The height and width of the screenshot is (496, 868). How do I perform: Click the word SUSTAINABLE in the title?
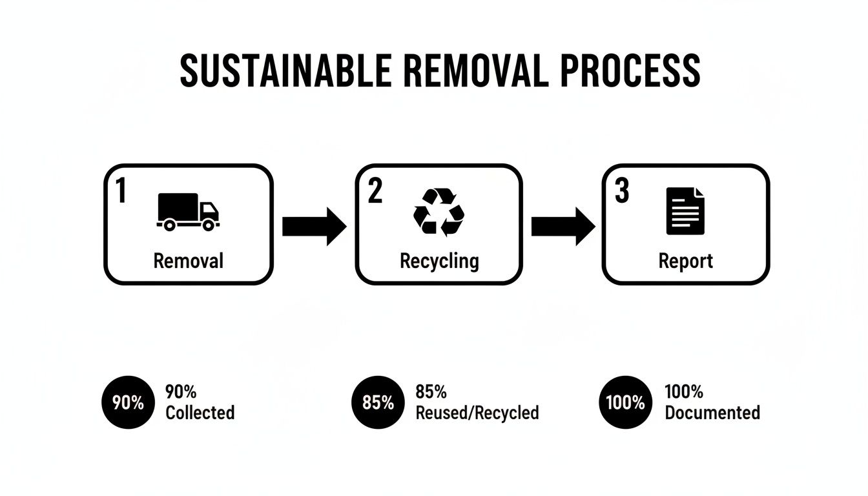click(285, 71)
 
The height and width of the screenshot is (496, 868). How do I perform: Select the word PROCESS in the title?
click(630, 71)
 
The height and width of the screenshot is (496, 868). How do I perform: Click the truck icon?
click(188, 212)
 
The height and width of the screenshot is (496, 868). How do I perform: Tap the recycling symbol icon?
click(439, 211)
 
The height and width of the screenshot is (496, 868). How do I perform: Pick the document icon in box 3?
click(685, 211)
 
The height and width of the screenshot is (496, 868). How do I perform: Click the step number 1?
click(121, 191)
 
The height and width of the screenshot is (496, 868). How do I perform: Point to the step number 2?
click(375, 191)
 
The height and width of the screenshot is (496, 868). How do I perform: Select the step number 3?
click(621, 191)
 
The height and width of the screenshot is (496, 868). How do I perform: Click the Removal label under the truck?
click(188, 261)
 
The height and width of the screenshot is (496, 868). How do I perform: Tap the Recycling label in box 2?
click(439, 262)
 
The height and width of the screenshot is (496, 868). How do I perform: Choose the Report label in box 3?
click(685, 261)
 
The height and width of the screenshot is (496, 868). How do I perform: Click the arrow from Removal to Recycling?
click(315, 226)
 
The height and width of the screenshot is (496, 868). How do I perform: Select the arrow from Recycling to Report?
click(563, 226)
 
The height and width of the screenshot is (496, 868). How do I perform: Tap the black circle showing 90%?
click(128, 402)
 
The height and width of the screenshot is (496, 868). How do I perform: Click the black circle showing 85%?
click(378, 402)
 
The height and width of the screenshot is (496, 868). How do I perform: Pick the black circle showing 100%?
click(625, 402)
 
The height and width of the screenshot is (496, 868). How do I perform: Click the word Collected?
click(200, 413)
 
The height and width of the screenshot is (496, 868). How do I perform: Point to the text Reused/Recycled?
click(477, 413)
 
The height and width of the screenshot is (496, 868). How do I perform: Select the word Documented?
click(712, 413)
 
